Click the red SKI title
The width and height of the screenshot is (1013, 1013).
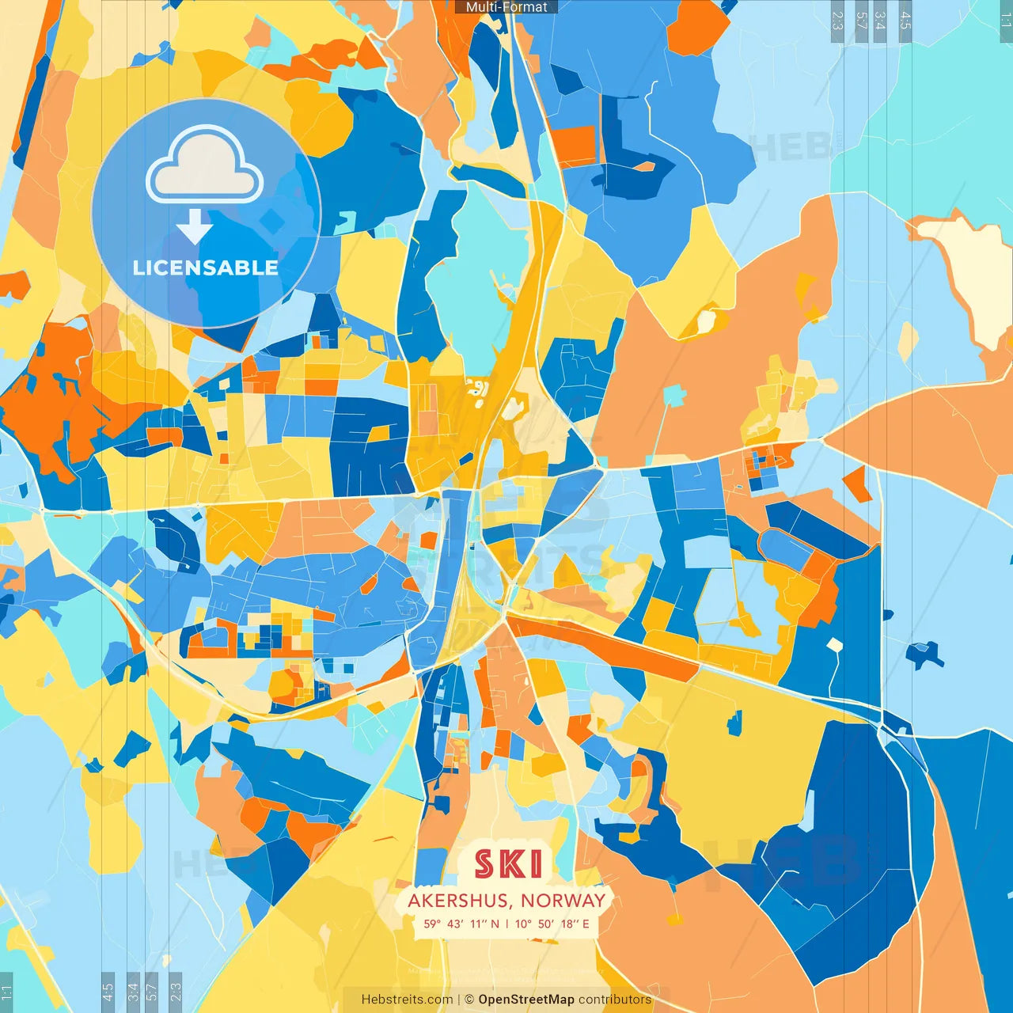click(509, 864)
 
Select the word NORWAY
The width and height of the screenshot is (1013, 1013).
click(563, 901)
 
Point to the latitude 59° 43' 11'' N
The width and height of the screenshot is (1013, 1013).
click(461, 924)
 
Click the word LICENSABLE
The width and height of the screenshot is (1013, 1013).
click(205, 267)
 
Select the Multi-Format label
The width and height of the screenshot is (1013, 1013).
click(506, 7)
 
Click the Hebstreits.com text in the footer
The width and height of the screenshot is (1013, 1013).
click(407, 1000)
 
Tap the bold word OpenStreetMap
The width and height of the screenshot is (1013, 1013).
click(526, 1000)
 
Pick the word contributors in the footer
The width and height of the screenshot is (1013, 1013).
click(615, 1000)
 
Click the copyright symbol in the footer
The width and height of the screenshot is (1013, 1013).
click(469, 1000)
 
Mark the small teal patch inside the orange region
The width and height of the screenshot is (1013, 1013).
click(674, 394)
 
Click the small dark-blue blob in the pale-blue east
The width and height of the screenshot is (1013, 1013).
click(924, 654)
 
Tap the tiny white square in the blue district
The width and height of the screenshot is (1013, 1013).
click(835, 644)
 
